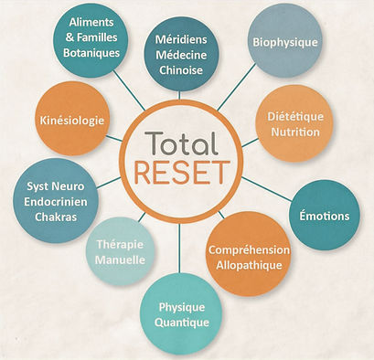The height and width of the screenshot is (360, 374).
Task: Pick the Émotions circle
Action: [324, 216]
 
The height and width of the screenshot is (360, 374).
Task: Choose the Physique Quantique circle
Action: [183, 313]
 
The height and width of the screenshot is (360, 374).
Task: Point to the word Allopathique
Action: [249, 265]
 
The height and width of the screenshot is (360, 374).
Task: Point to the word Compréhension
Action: [249, 249]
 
